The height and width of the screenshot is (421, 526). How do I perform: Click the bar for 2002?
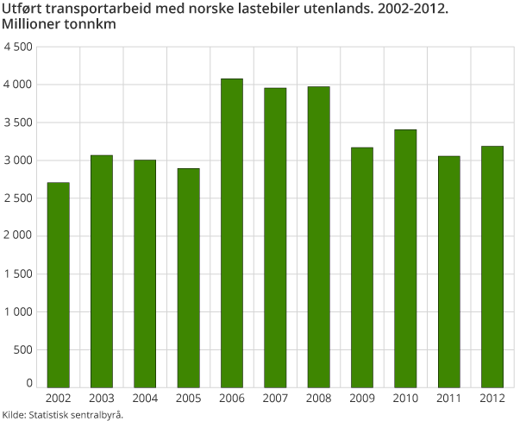click(58, 285)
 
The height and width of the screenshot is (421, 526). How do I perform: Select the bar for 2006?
click(231, 233)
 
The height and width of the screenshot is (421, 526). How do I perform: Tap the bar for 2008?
click(318, 236)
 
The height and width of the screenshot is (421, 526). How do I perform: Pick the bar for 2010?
click(405, 258)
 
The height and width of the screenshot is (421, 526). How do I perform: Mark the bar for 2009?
click(362, 267)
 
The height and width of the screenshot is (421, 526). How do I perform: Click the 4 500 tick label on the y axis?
click(18, 47)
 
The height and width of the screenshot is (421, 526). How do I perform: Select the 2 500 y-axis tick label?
click(18, 198)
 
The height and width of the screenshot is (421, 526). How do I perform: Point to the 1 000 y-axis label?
click(18, 312)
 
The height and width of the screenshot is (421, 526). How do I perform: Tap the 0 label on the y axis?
click(29, 383)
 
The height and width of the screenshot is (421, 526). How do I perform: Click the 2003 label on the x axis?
click(101, 399)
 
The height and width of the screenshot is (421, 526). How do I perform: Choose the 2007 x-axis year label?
click(275, 399)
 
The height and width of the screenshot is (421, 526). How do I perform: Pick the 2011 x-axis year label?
click(448, 399)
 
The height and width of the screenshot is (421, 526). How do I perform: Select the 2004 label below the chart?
click(145, 399)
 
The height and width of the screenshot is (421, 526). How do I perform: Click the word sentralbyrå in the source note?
click(96, 415)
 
